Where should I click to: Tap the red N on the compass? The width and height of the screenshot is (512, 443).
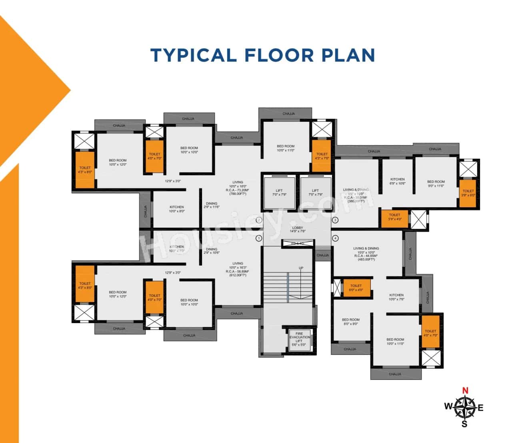[x=465, y=391]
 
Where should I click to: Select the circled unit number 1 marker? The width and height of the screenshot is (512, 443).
[x=259, y=238]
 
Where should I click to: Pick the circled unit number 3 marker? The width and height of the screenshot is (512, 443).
[x=335, y=220]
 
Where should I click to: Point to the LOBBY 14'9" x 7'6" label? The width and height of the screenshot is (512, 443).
[x=297, y=229]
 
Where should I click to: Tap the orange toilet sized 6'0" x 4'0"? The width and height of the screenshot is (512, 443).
[x=356, y=288]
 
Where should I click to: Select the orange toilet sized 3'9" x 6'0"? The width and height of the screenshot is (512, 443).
[x=468, y=193]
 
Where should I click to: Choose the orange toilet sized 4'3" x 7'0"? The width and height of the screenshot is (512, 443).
[x=322, y=156]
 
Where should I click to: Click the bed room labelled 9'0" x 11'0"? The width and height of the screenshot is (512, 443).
[x=436, y=184]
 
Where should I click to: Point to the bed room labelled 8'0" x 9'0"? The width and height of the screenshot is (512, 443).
[x=350, y=322]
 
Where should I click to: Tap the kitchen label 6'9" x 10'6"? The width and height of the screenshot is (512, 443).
[x=397, y=181]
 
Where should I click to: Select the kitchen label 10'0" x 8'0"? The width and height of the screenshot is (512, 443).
[x=176, y=209]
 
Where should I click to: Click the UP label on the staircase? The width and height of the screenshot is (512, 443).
[x=301, y=268]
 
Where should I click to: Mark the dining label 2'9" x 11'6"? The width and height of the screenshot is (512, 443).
[x=212, y=205]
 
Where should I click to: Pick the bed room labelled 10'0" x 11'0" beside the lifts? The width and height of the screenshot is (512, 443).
[x=286, y=148]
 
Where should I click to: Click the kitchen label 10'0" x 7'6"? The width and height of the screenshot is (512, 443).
[x=396, y=297]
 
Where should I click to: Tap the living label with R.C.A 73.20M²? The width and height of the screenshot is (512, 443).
[x=238, y=188]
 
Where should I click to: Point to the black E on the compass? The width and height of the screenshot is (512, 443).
[x=481, y=408]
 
